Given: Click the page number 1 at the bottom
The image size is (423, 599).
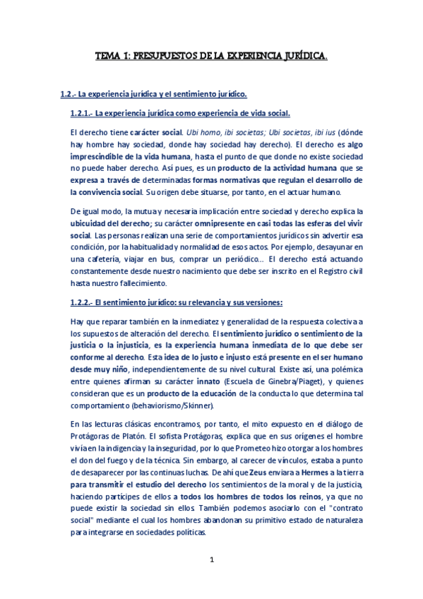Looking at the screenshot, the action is (x=211, y=559).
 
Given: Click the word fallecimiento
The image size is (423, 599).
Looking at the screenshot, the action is (x=139, y=284).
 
